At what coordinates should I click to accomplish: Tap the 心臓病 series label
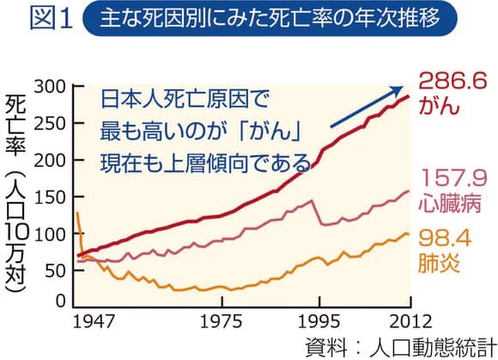(450, 206)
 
